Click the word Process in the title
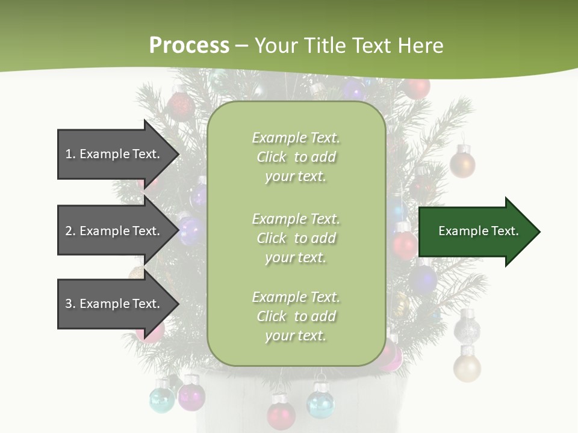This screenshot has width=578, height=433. pos(189,46)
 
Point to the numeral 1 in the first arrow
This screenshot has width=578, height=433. pos(68,154)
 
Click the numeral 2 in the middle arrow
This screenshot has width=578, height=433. pos(69,231)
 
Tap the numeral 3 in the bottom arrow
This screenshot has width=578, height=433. pos(69,304)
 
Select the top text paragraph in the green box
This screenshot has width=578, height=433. pos(296,157)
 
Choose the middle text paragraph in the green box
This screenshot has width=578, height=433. pos(296,238)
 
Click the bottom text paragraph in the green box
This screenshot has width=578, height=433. pos(296,316)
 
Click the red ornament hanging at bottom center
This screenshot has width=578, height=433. pos(281,414)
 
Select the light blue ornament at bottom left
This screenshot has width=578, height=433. pos(161,399)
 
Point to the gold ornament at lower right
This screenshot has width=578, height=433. pos(467,367)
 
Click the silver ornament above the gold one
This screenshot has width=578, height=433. pos(467,328)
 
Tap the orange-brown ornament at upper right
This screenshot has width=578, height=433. pos(462,164)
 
